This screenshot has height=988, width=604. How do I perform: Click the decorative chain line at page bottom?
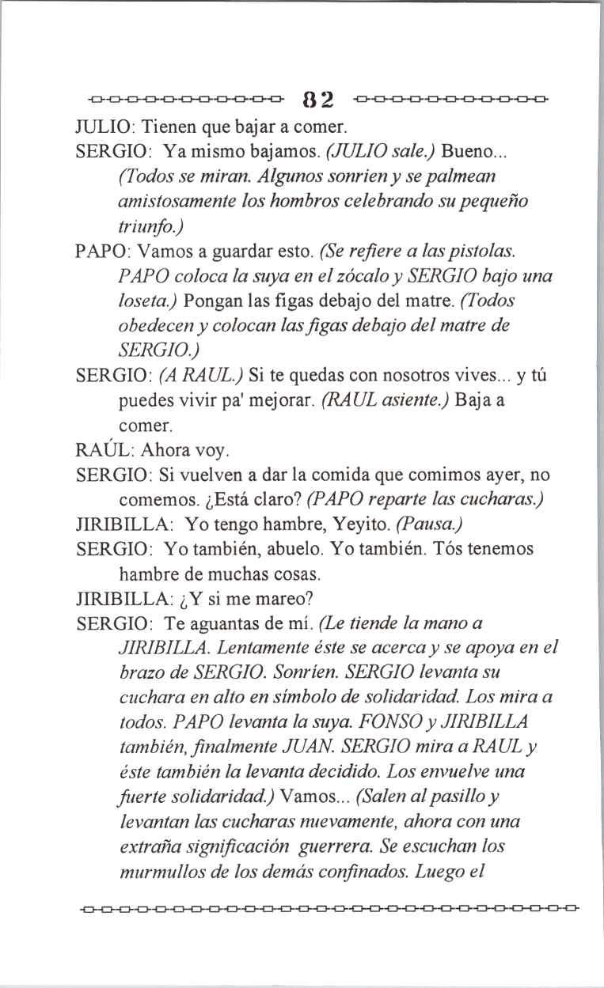tap(329, 904)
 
